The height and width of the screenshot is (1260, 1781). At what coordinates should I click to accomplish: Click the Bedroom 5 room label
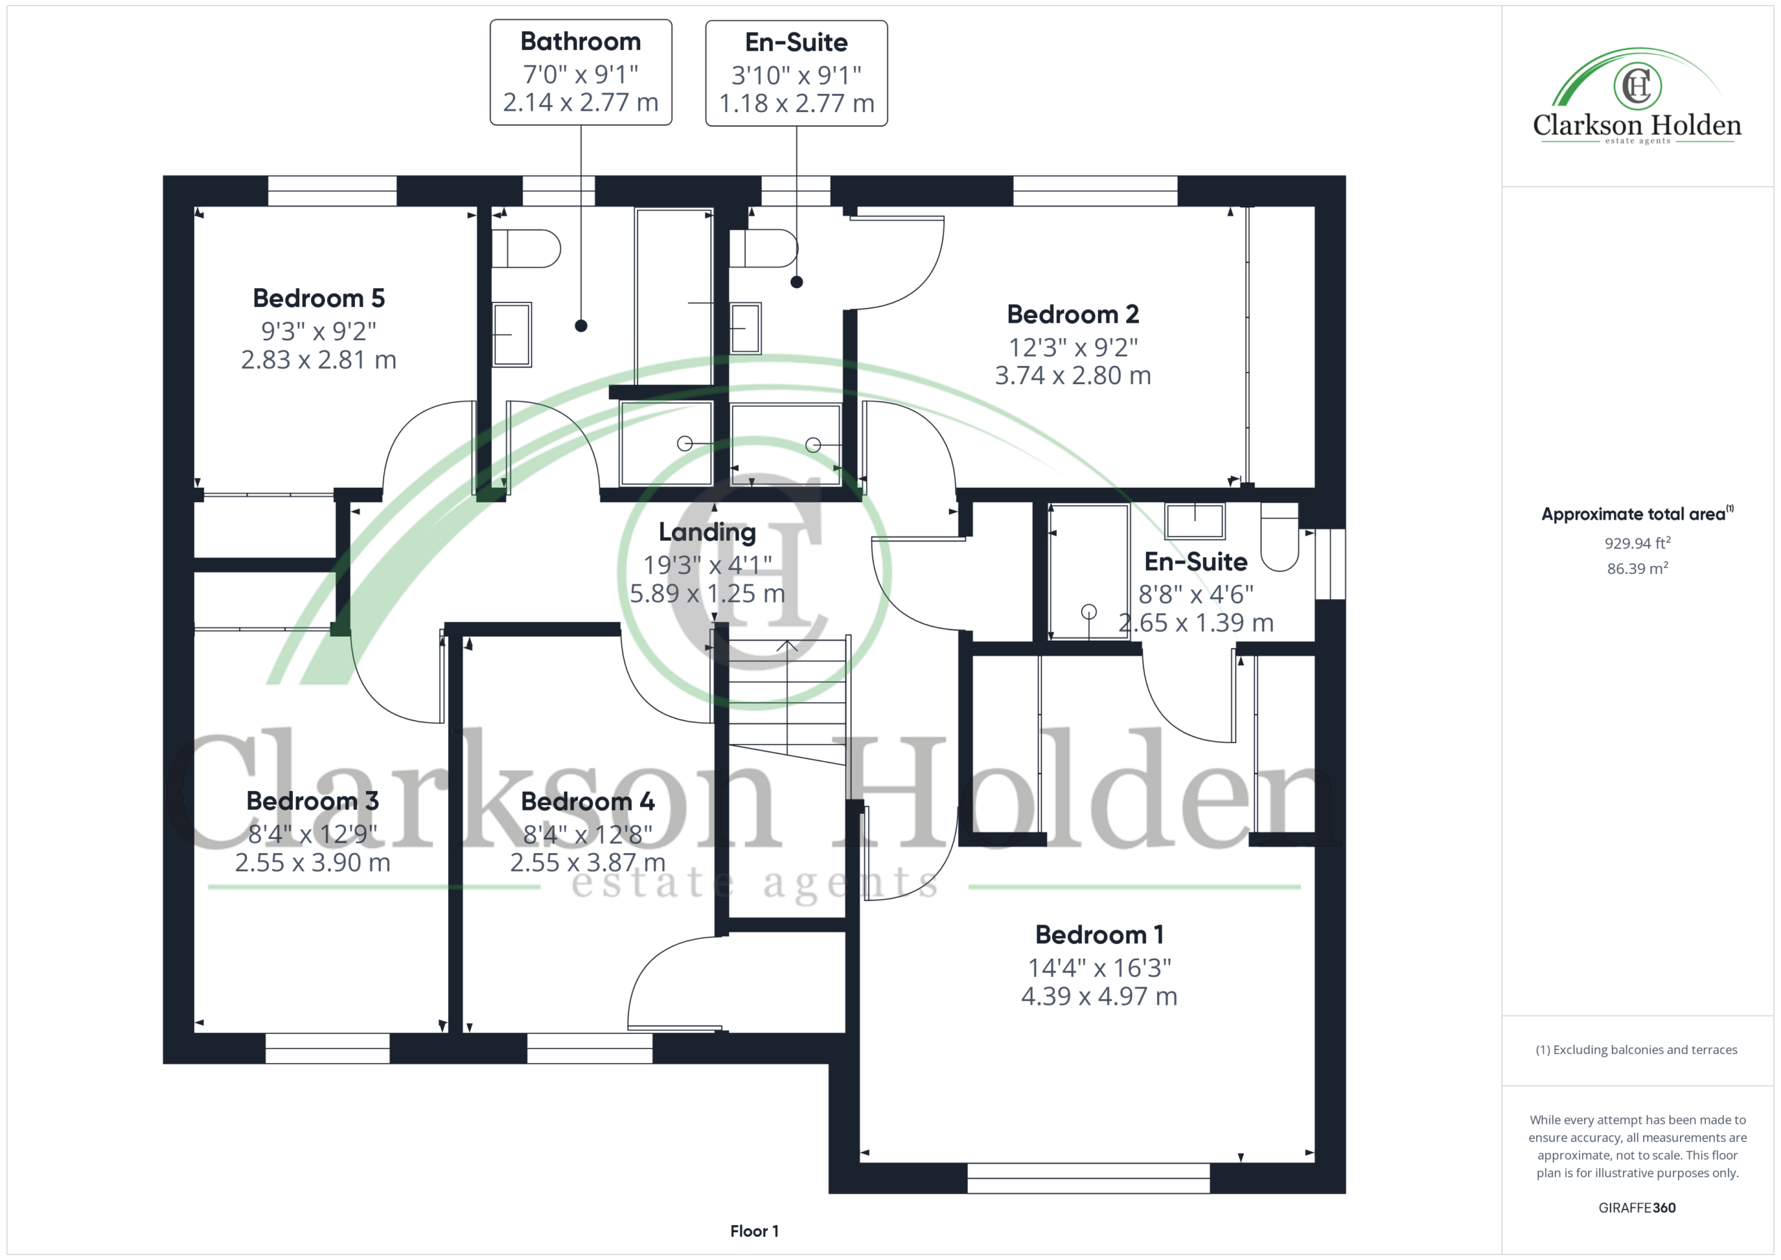pyautogui.click(x=319, y=298)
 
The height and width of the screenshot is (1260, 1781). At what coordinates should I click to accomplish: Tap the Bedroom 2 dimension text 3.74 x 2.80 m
pyautogui.click(x=1073, y=376)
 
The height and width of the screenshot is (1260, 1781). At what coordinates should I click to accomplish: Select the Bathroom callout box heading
pyautogui.click(x=580, y=41)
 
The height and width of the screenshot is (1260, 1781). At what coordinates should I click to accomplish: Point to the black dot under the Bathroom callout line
pyautogui.click(x=581, y=326)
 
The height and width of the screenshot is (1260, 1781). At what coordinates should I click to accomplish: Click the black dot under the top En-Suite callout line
pyautogui.click(x=797, y=282)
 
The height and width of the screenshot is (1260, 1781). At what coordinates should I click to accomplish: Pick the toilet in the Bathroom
pyautogui.click(x=526, y=248)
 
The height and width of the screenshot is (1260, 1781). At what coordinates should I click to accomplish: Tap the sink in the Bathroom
pyautogui.click(x=512, y=335)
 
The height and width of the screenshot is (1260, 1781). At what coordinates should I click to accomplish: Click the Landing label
pyautogui.click(x=707, y=532)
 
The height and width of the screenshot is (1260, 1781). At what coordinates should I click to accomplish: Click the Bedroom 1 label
pyautogui.click(x=1099, y=935)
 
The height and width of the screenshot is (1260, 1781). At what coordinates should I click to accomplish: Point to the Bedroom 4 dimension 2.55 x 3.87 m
pyautogui.click(x=588, y=863)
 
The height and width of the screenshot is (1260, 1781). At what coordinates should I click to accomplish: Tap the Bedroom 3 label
pyautogui.click(x=312, y=801)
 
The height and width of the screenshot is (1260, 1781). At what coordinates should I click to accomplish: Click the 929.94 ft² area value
pyautogui.click(x=1638, y=543)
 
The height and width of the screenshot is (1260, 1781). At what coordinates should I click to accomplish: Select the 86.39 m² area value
pyautogui.click(x=1638, y=568)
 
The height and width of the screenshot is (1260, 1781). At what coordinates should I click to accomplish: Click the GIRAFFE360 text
pyautogui.click(x=1637, y=1208)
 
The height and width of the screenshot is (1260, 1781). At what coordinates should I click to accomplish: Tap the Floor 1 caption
pyautogui.click(x=754, y=1231)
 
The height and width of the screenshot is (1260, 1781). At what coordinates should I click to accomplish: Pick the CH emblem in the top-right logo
pyautogui.click(x=1638, y=86)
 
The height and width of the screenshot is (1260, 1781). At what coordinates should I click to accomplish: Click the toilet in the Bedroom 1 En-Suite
pyautogui.click(x=1280, y=537)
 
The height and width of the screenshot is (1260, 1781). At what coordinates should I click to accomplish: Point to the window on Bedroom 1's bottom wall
pyautogui.click(x=1088, y=1178)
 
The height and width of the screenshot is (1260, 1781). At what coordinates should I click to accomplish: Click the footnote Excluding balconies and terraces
pyautogui.click(x=1637, y=1050)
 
